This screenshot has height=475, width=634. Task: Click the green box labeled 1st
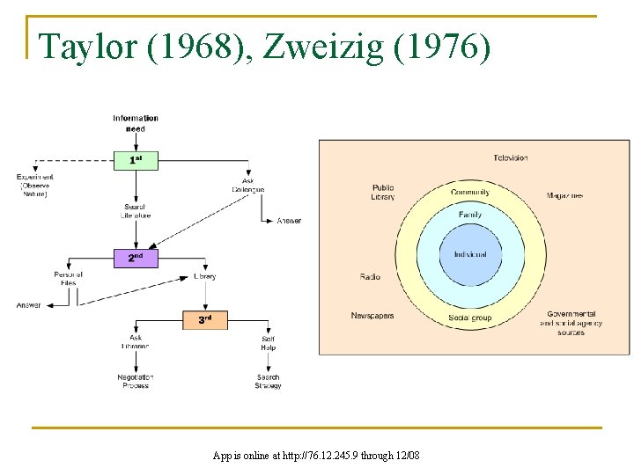pos(136,160)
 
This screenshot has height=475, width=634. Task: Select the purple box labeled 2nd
pos(136,259)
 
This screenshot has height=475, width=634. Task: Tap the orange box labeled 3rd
pos(204,319)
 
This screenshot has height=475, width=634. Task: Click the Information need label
pos(136,123)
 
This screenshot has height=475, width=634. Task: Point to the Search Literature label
pos(136,212)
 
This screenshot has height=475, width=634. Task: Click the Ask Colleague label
pos(248,186)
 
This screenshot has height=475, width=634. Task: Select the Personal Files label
pos(68,279)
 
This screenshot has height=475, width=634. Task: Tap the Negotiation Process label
pos(136,382)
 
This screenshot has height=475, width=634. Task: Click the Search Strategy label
pos(269,382)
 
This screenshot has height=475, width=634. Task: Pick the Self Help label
pos(269,343)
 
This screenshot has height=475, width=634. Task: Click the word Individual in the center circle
pos(470,255)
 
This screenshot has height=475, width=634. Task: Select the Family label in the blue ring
pos(470,215)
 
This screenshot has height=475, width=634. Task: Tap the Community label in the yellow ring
pos(470,193)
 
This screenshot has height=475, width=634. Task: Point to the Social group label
pos(470,318)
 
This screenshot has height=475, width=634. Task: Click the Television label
pos(511,158)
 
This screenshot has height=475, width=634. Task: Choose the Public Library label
pos(384,192)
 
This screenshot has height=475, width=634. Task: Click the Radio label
pos(370,277)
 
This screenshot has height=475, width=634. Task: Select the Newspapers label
pos(372,316)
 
